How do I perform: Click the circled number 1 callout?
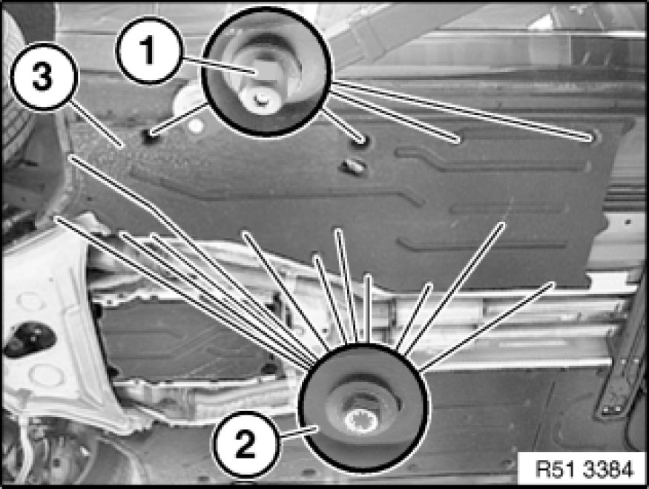pos(148,50)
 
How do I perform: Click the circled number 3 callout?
pos(43,76)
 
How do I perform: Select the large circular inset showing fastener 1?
pos(266,71)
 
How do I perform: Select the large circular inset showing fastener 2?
pos(363,409)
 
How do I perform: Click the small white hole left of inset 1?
pos(196,125)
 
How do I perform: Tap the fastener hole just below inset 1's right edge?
pos(362,141)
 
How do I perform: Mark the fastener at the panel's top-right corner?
pos(593,137)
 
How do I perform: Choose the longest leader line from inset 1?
pos(464,109)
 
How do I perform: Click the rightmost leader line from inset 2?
pos(487,326)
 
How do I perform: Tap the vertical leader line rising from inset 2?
pos(366,309)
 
